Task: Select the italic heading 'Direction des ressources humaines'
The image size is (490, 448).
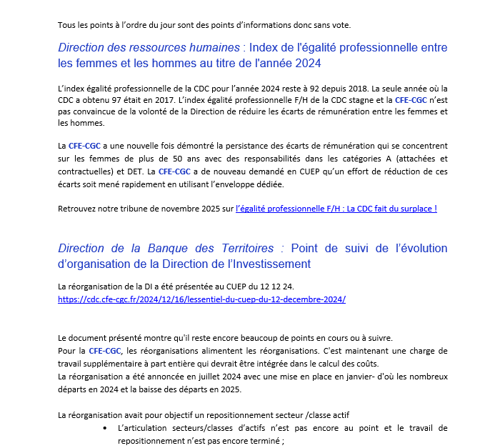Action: tap(149, 48)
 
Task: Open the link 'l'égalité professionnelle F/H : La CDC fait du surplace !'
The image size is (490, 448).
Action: tap(336, 209)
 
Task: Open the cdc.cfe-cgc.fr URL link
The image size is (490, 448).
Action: tap(201, 299)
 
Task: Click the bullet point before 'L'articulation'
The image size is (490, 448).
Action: tap(106, 428)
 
